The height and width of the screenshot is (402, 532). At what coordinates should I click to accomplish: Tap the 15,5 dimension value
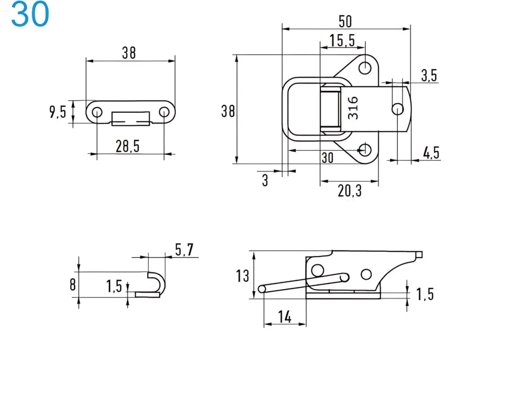pos(343,41)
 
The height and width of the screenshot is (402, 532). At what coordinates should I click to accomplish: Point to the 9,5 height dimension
pos(58,112)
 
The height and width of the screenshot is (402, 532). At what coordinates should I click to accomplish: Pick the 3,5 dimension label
pos(429,75)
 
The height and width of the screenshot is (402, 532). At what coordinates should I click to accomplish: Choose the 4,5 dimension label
pos(431,153)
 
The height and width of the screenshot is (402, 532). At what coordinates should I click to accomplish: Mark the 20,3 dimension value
pos(349,191)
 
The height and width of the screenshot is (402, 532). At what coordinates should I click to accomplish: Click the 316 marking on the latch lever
pos(353,108)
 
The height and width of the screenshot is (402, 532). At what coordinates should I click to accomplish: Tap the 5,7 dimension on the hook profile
pos(184,250)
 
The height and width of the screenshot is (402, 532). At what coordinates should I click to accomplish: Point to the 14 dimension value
pos(284,317)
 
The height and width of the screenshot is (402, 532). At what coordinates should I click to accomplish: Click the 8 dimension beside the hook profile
pos(72,285)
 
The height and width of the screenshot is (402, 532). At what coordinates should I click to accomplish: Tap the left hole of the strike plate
pos(97,112)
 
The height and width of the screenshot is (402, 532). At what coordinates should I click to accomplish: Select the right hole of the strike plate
pos(164,112)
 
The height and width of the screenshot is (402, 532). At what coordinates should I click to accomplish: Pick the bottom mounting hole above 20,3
pos(365,149)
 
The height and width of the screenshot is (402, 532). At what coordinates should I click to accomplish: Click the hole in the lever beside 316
pos(397,109)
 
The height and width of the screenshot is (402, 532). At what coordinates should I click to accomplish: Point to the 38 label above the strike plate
pos(129,53)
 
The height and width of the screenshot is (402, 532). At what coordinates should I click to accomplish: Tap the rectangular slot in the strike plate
pos(131,118)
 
